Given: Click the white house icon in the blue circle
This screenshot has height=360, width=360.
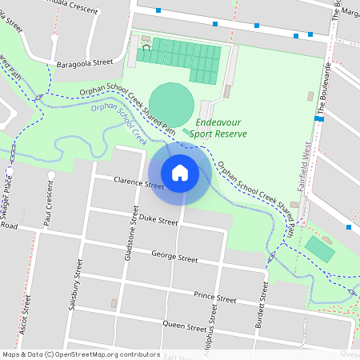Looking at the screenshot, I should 180,173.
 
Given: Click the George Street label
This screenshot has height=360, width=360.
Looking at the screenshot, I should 174,257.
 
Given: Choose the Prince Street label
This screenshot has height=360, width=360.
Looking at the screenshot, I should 215,297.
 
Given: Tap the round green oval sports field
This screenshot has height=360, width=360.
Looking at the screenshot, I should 171,102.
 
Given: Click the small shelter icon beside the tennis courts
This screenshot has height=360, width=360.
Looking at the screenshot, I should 146,46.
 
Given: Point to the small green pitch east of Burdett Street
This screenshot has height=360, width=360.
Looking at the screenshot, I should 320,250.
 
